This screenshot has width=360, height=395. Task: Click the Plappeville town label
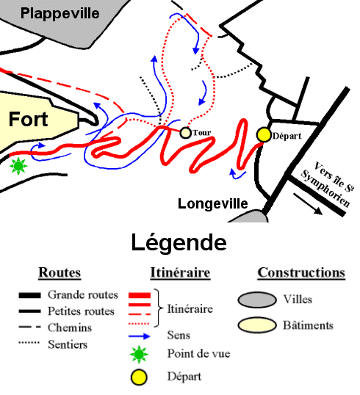click(58, 12)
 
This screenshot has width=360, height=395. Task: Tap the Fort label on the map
click(28, 119)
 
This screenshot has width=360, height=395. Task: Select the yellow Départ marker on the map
click(264, 134)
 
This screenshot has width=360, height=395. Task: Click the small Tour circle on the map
click(186, 133)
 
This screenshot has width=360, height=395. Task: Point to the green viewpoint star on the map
click(18, 167)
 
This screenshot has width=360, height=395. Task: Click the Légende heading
click(179, 242)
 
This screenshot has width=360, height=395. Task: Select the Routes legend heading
click(60, 272)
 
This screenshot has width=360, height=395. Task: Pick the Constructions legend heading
click(301, 272)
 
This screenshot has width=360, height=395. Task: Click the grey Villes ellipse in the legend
click(256, 300)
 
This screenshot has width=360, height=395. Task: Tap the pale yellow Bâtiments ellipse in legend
click(256, 325)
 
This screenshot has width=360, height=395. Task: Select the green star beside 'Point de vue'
click(140, 353)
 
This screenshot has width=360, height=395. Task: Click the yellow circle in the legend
click(140, 377)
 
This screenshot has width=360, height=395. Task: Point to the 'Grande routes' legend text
click(82, 294)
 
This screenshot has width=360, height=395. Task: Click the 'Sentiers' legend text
click(68, 343)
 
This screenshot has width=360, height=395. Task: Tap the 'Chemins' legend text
click(69, 327)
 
